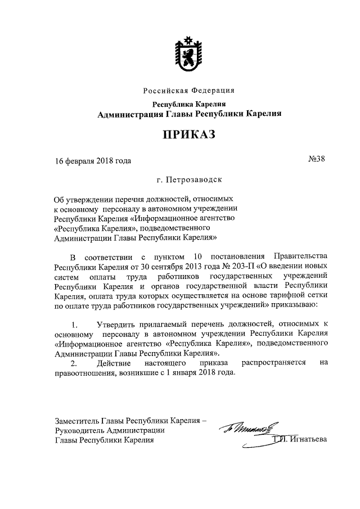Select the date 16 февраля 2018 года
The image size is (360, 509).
pyautogui.click(x=93, y=161)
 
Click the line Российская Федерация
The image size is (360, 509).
pyautogui.click(x=189, y=91)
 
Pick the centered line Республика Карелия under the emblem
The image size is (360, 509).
pyautogui.click(x=189, y=104)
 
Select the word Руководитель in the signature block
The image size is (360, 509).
pyautogui.click(x=79, y=430)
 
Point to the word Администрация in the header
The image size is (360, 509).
pyautogui.click(x=129, y=114)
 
